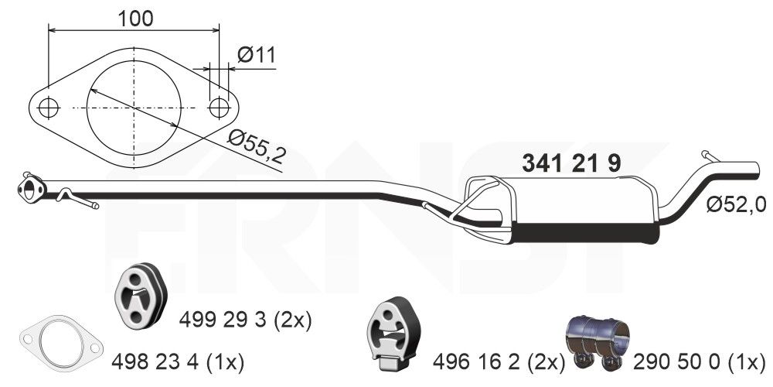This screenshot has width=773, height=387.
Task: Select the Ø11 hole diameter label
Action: pos(256,55)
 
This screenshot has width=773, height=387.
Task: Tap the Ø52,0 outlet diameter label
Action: pos(736,204)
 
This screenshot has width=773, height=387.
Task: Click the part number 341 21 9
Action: pos(571,163)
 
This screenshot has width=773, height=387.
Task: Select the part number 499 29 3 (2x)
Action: pos(245,319)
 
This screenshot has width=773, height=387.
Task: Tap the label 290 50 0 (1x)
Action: pos(700,361)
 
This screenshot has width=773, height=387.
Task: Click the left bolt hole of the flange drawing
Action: pos(48,108)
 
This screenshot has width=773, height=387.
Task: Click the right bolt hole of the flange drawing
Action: pos(219,108)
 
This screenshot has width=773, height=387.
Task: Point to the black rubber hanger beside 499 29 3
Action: pos(140,296)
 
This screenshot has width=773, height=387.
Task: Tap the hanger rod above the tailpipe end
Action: pos(710,156)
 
